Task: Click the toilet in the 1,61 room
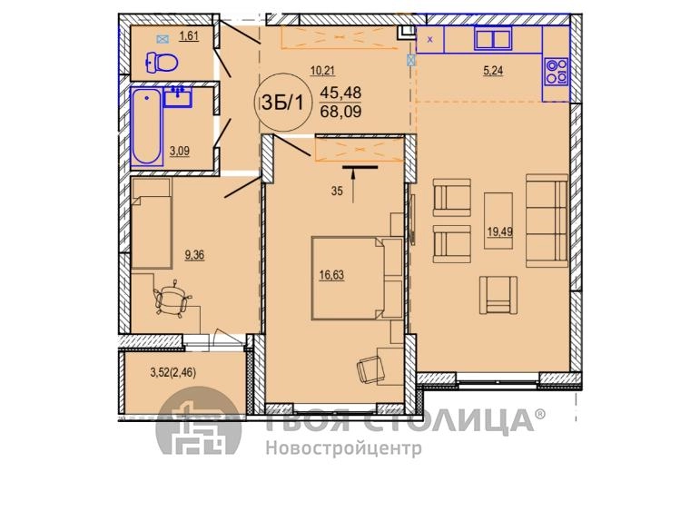[162, 62]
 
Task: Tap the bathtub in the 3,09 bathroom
[146, 126]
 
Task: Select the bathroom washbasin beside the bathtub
[178, 97]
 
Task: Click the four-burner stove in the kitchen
[556, 72]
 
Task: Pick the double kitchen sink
[493, 38]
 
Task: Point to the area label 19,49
[500, 231]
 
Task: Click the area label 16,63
[331, 275]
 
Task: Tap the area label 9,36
[194, 255]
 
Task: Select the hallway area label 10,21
[322, 71]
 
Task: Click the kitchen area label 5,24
[493, 71]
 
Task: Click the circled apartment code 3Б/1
[282, 103]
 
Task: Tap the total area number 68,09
[341, 111]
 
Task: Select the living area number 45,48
[341, 93]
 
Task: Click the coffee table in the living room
[498, 221]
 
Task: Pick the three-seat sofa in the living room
[547, 221]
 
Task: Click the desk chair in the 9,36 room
[172, 299]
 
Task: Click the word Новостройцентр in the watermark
[344, 447]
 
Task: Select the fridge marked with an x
[430, 39]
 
